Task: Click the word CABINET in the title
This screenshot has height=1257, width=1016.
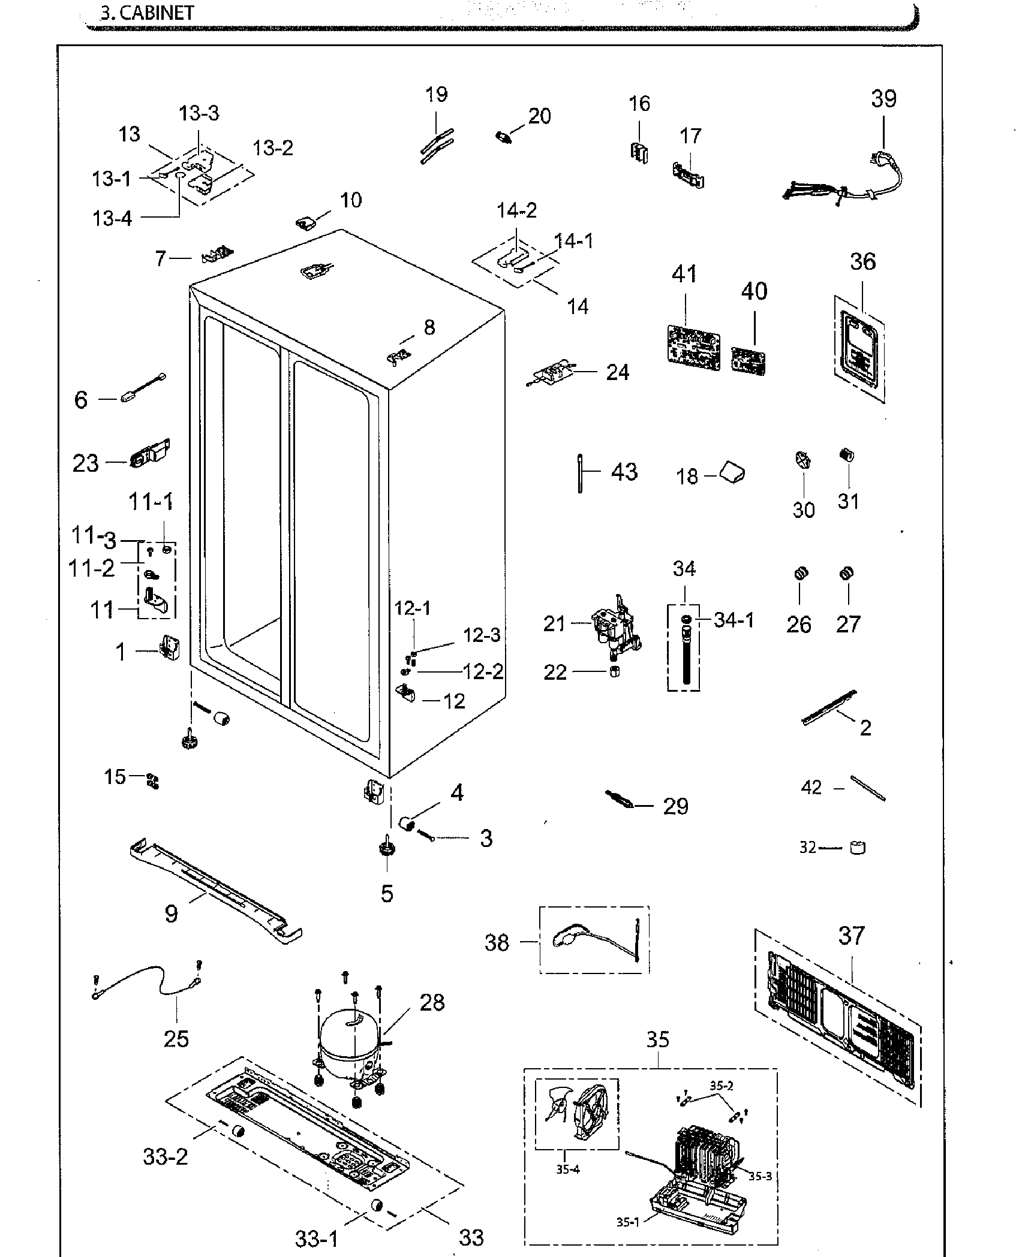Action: [157, 13]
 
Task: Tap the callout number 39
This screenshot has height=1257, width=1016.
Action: [883, 99]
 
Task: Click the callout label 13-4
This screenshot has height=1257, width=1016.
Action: [112, 218]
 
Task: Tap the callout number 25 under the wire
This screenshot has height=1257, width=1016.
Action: [176, 1038]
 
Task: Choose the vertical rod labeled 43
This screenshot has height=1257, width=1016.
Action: [581, 474]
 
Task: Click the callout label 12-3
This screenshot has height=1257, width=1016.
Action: [482, 635]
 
